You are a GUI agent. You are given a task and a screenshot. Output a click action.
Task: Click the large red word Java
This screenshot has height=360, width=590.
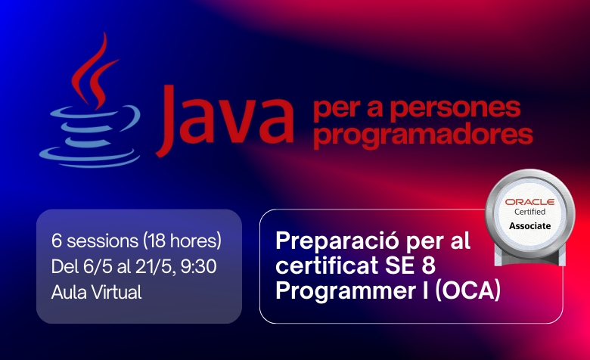(x=225, y=120)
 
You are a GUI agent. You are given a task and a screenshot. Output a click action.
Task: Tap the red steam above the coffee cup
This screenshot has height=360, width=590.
(x=94, y=71)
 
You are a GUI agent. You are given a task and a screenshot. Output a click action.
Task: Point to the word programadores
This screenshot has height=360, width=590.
(x=423, y=135)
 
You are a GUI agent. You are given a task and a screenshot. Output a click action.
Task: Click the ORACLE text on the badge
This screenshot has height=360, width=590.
(x=529, y=202)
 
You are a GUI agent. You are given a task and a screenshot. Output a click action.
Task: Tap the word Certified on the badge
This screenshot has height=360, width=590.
(x=529, y=212)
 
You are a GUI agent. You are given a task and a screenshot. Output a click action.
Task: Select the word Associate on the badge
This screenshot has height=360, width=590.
(x=529, y=225)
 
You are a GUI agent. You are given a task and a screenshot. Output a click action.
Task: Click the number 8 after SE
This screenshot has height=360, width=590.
(x=428, y=265)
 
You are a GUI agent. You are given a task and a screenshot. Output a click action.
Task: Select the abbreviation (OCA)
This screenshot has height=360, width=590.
(x=467, y=290)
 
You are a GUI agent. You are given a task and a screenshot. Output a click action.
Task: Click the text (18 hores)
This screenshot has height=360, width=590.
(x=182, y=241)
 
